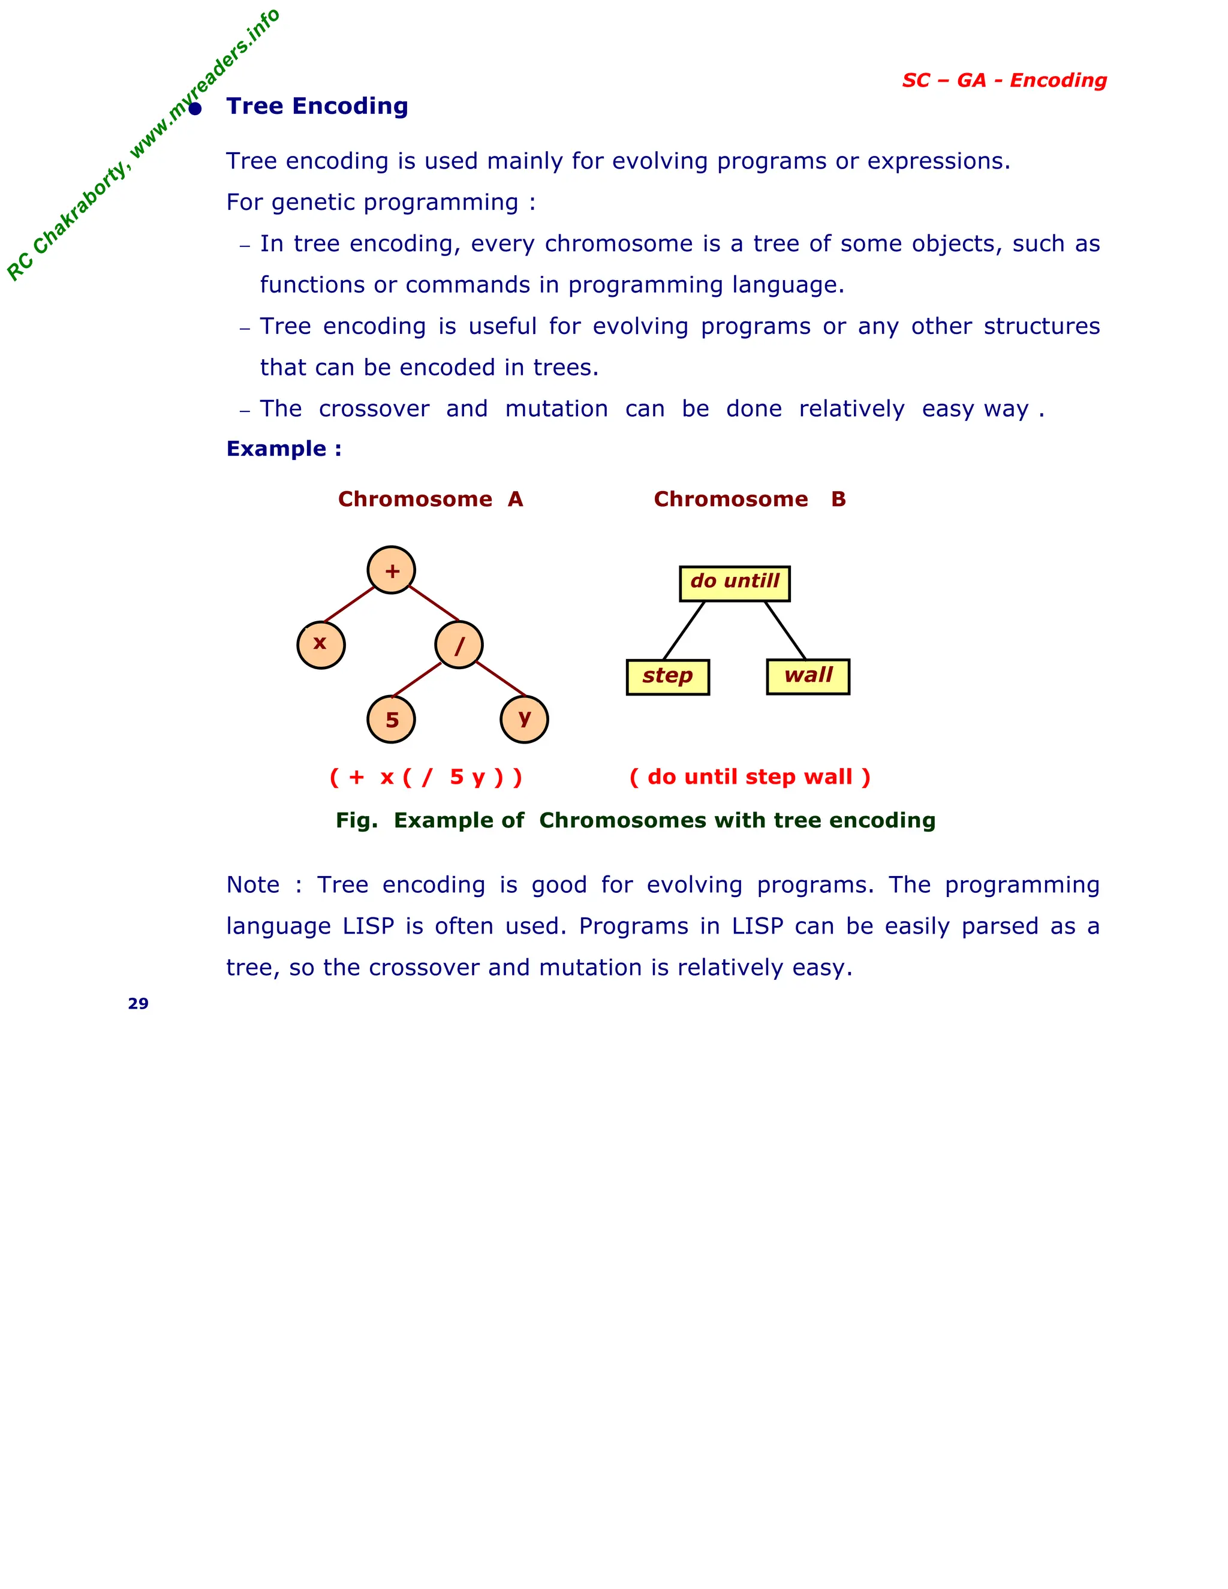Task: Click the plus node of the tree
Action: pos(392,570)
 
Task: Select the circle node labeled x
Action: pos(321,645)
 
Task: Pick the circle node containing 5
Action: pos(392,719)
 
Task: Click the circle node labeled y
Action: pos(525,719)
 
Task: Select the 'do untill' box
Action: pos(735,583)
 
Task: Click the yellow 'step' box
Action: pos(668,676)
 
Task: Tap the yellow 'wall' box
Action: pos(808,676)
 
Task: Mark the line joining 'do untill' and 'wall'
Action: pos(785,630)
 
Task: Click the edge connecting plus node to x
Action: pos(349,604)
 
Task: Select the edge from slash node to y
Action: pos(501,679)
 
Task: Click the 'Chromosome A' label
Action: pos(430,499)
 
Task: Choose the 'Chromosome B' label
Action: pos(750,499)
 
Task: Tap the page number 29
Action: pos(139,1004)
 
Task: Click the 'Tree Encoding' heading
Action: pos(317,106)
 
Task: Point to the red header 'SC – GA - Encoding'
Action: pos(1004,80)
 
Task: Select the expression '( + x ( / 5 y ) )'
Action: pos(426,777)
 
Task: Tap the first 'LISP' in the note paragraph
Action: pos(368,926)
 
